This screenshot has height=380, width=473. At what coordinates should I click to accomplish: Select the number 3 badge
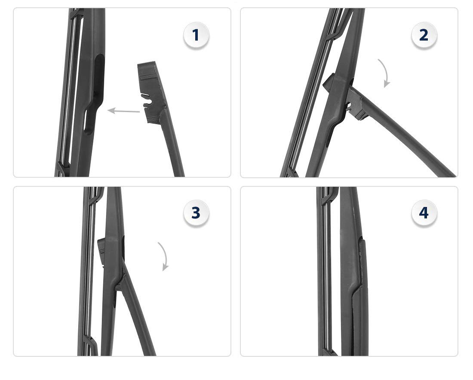196,213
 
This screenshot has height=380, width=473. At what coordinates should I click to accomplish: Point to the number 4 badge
424,213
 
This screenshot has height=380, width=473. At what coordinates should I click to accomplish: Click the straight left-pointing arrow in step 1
124,111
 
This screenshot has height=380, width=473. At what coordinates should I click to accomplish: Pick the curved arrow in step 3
164,255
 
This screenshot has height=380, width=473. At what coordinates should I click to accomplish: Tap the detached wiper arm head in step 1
151,92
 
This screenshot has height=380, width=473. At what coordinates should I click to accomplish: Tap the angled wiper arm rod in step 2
404,133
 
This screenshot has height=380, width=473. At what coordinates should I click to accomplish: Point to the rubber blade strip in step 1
66,90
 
